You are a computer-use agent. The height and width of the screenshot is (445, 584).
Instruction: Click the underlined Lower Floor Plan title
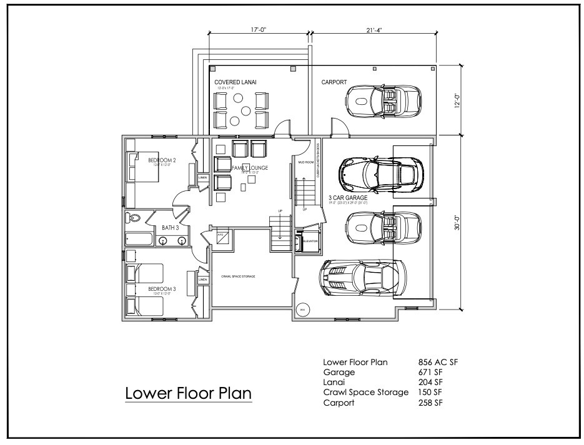point(188,394)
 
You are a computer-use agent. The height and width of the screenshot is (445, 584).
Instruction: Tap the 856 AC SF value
point(438,363)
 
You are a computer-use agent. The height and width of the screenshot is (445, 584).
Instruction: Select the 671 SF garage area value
point(428,373)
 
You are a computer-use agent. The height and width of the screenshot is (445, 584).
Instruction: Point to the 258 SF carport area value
point(428,403)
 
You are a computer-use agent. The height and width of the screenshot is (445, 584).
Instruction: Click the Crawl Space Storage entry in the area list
point(365,393)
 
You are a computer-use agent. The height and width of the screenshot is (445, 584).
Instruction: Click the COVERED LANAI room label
point(235,82)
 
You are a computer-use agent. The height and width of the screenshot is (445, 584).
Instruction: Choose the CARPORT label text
point(334,82)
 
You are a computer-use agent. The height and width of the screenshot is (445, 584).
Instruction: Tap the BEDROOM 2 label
point(162,161)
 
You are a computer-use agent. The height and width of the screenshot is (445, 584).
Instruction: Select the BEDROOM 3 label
point(162,289)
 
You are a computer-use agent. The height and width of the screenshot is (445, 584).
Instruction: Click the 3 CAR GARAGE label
point(347,197)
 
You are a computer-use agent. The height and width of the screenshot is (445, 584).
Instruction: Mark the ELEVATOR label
point(310,240)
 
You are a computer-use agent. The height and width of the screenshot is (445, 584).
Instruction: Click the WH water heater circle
point(302,309)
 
